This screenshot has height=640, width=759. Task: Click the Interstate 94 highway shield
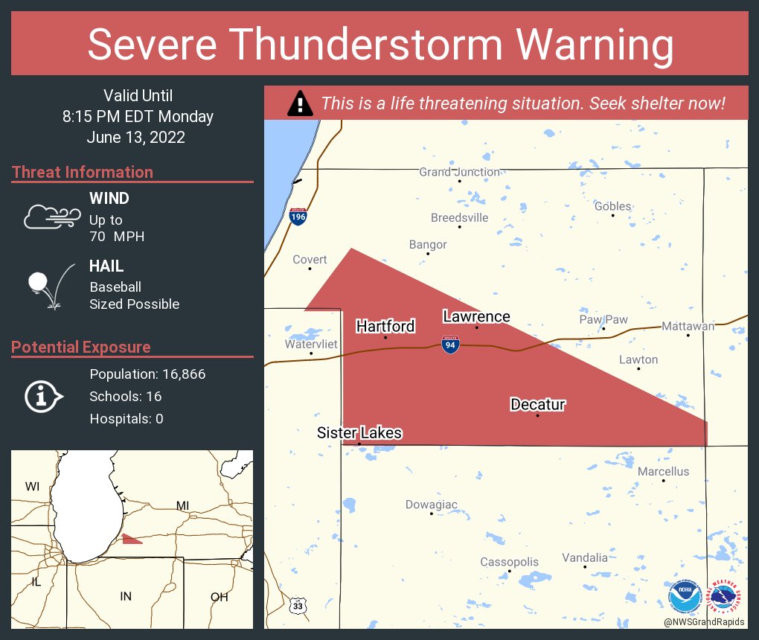(x=449, y=345)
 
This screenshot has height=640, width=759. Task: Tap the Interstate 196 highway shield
(x=298, y=217)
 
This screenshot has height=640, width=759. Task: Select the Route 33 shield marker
(x=298, y=606)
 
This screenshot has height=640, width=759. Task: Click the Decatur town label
(x=537, y=405)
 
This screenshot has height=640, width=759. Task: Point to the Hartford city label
(x=385, y=326)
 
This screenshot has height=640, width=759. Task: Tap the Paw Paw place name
(x=603, y=319)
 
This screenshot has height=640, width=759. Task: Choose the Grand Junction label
(x=459, y=172)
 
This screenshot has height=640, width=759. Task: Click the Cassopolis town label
(x=508, y=561)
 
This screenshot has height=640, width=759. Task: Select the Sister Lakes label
(x=359, y=432)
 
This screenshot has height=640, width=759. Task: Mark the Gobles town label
(x=612, y=206)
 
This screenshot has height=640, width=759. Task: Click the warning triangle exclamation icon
(x=300, y=103)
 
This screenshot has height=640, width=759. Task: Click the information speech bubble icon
(x=43, y=397)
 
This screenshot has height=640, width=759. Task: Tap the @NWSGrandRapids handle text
(x=704, y=621)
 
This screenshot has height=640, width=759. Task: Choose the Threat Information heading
(x=83, y=172)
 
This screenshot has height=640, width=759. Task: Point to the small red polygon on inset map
(x=131, y=539)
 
